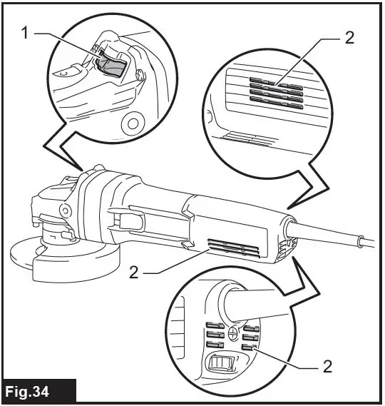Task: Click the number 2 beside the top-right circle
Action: click(x=349, y=38)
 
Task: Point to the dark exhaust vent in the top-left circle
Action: click(x=110, y=65)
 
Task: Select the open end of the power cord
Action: click(x=364, y=240)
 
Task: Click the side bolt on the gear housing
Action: click(x=66, y=210)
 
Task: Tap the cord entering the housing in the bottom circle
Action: click(x=257, y=303)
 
